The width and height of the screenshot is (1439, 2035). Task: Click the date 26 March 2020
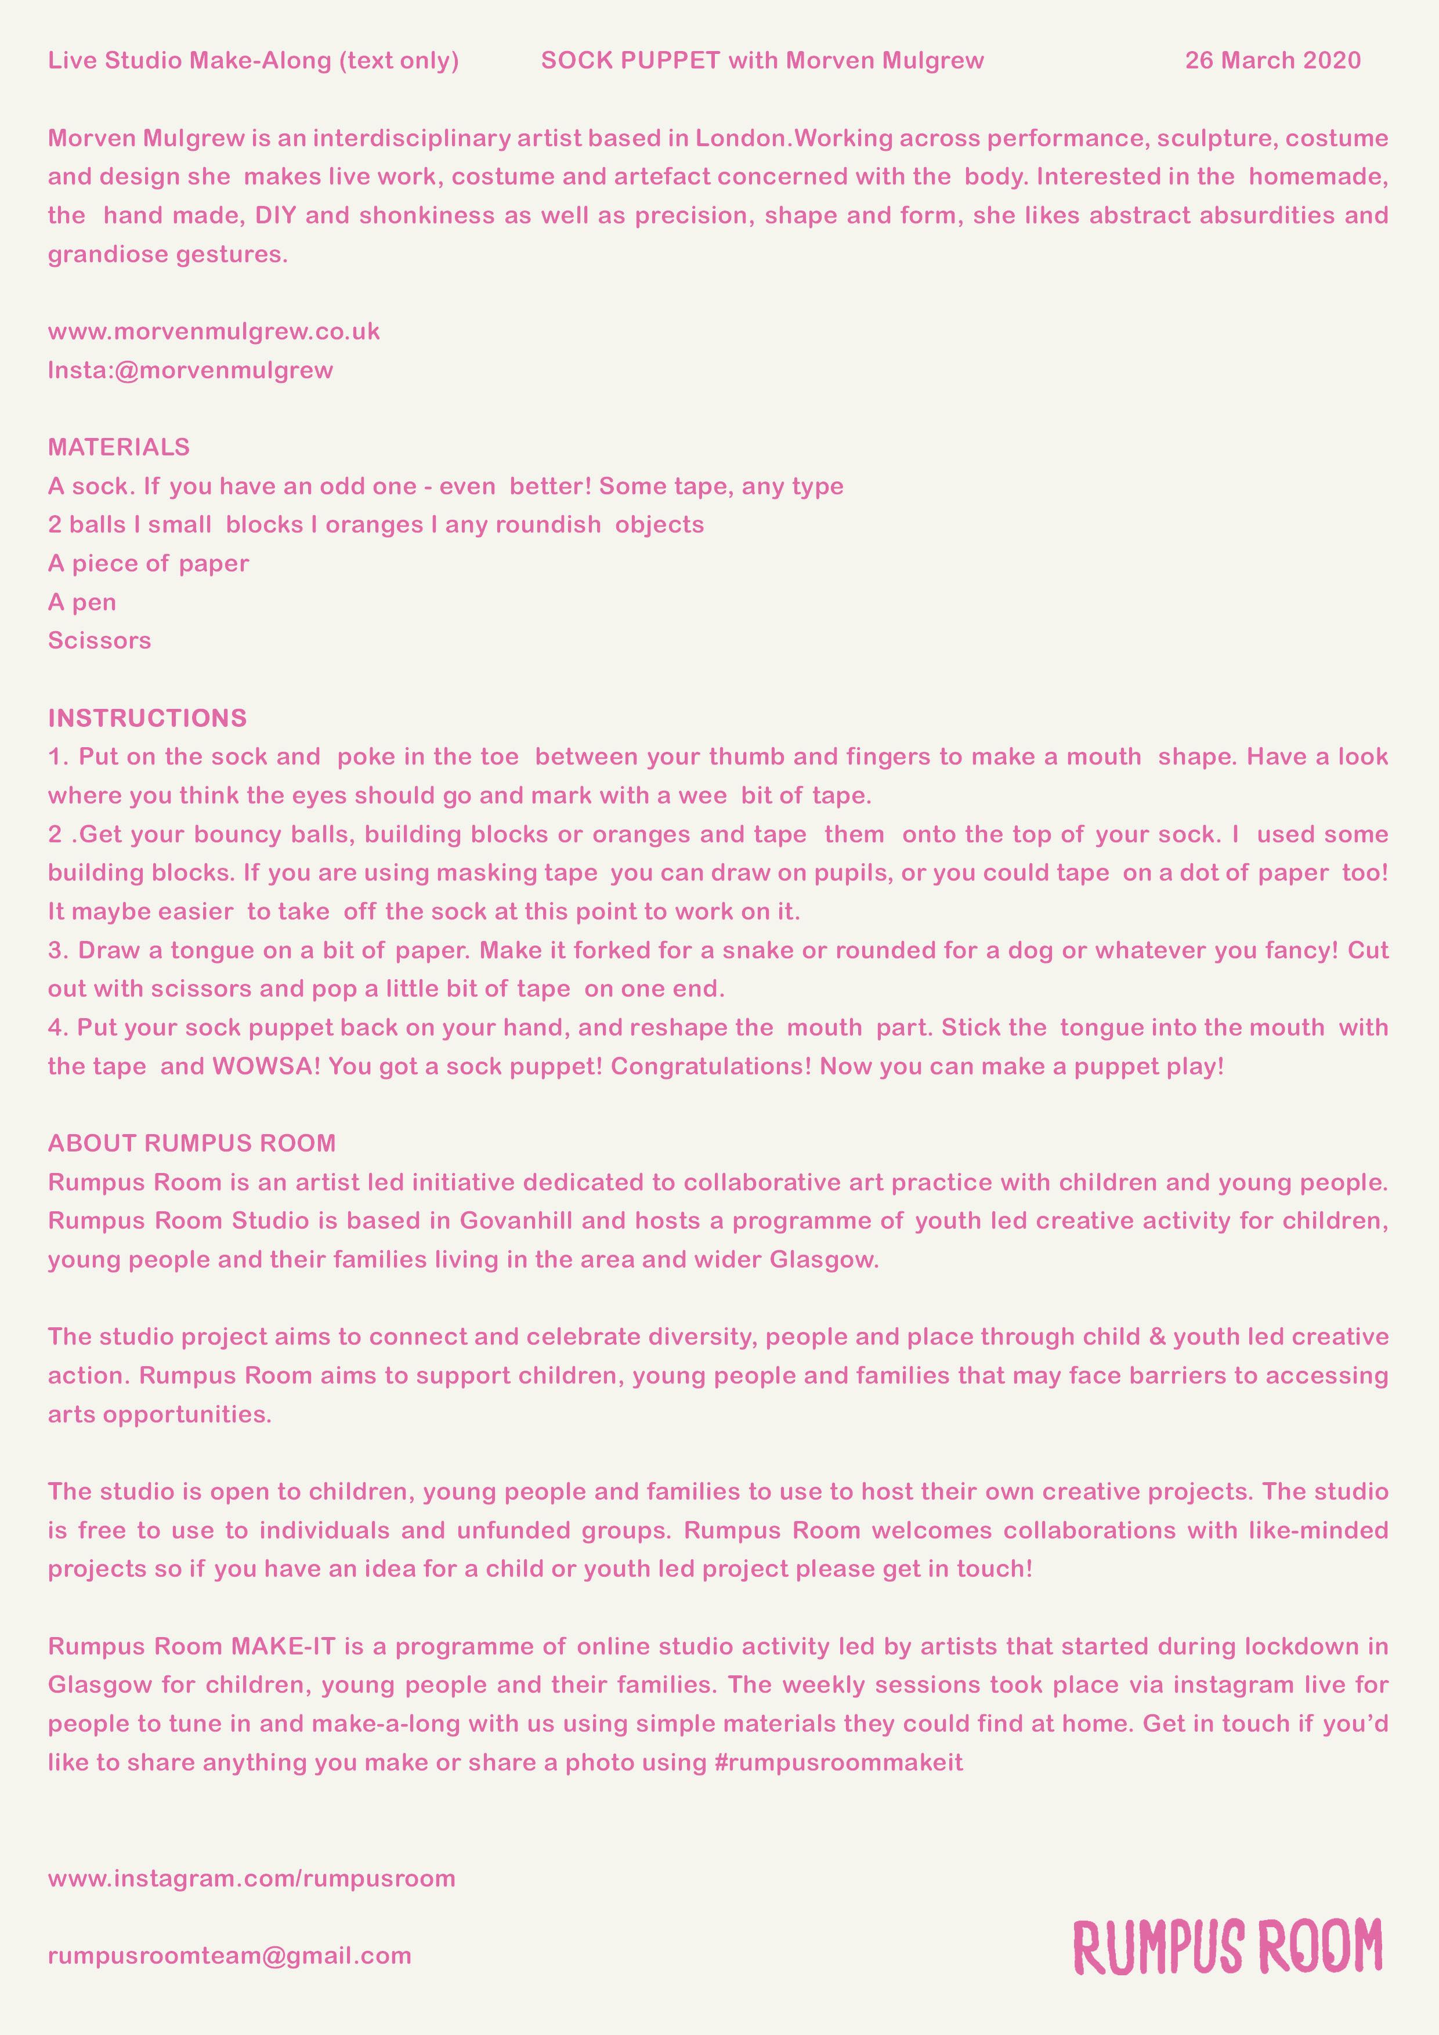1272,60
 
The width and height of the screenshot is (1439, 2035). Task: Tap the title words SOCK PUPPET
630,60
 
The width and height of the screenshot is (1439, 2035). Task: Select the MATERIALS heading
119,447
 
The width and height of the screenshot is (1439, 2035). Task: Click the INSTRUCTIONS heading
147,718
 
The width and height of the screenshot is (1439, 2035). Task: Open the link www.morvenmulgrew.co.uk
214,331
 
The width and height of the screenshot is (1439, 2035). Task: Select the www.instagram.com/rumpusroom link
252,1878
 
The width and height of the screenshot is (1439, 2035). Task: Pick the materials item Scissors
99,641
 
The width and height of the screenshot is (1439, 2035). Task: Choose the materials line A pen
82,603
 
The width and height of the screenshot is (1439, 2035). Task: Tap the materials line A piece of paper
148,564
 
